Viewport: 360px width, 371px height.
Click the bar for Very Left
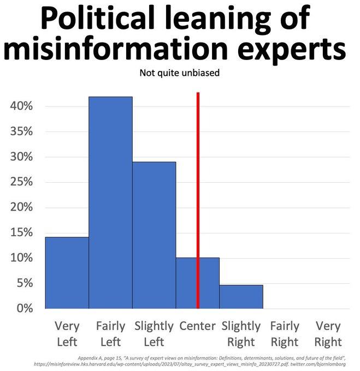tap(67, 273)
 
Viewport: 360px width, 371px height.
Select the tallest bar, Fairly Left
tap(110, 202)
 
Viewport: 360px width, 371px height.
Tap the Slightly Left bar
tap(154, 235)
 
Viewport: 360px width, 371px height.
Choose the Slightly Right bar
tap(241, 296)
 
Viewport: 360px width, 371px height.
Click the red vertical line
tap(198, 164)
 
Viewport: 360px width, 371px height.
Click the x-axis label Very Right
tap(328, 334)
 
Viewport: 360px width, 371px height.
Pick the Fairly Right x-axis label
tap(285, 334)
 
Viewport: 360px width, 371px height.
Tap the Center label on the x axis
tap(197, 326)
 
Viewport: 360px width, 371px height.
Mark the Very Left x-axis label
tap(67, 334)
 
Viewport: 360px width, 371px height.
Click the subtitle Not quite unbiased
tap(180, 73)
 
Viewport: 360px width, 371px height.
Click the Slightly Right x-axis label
tap(241, 334)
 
